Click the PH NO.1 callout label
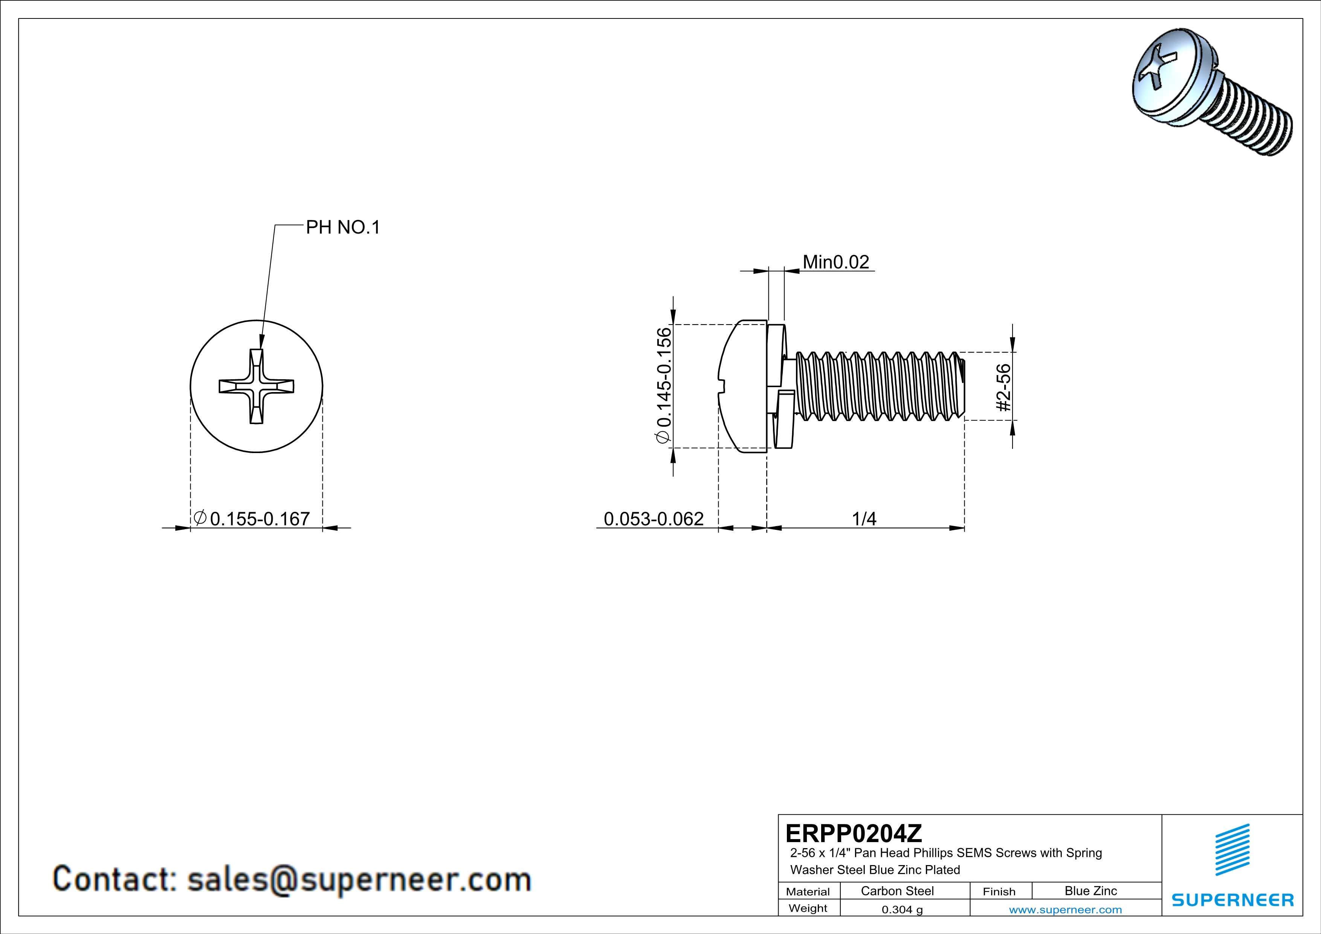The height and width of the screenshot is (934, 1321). [x=343, y=228]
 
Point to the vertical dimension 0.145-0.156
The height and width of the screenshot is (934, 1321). [x=663, y=385]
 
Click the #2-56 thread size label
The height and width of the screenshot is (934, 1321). [x=1003, y=387]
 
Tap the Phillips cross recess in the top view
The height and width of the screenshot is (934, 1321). [x=257, y=386]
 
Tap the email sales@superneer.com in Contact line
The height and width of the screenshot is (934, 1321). [x=359, y=880]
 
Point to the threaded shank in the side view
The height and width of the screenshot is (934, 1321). [x=877, y=386]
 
